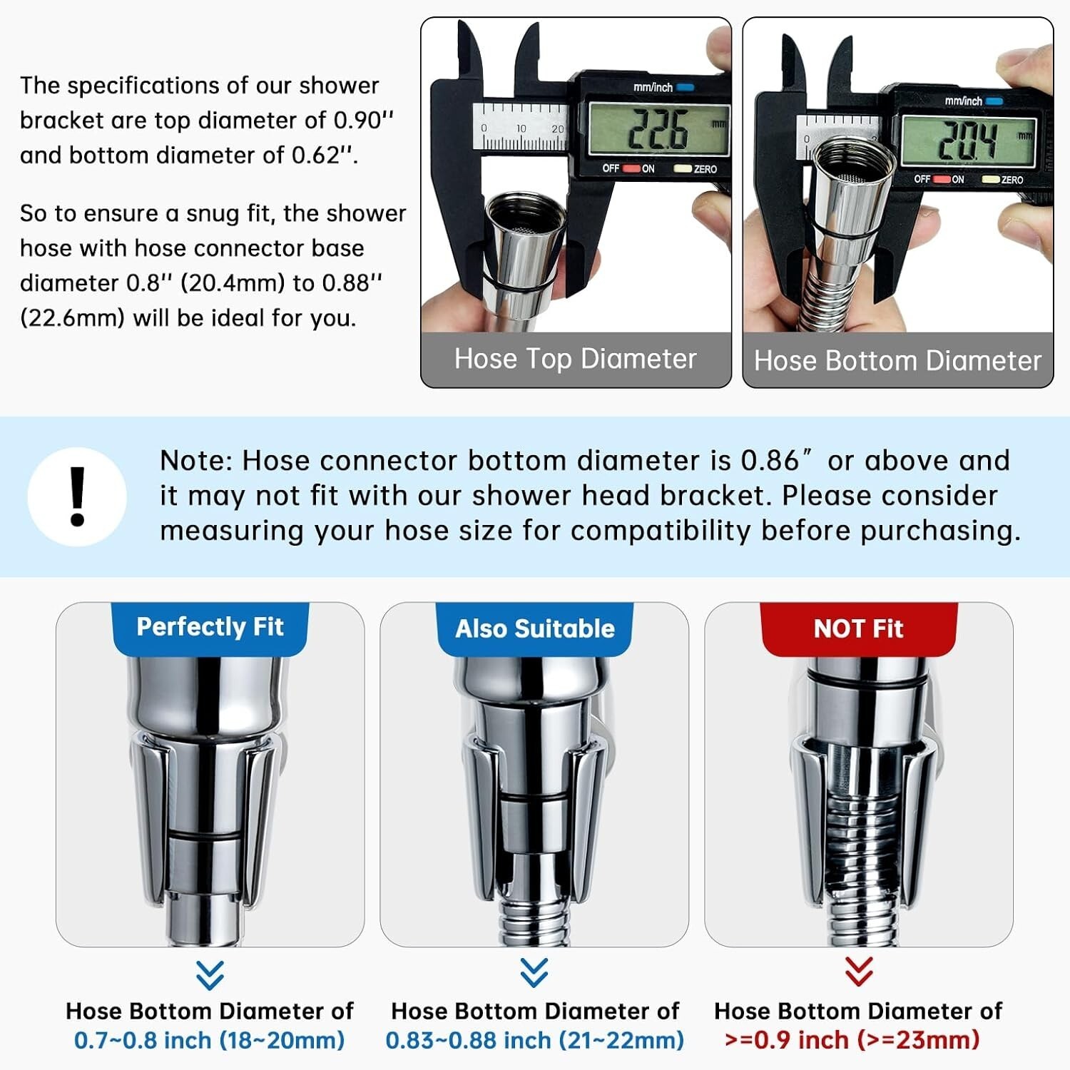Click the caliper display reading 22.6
[658, 130]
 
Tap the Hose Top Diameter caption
[576, 359]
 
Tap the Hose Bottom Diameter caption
[898, 361]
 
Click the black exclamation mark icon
[78, 496]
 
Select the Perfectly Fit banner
[210, 628]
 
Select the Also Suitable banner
[535, 628]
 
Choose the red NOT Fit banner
[859, 628]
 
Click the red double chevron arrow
[859, 972]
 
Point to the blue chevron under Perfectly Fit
[210, 975]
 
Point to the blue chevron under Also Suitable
[534, 972]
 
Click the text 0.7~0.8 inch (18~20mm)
[210, 1040]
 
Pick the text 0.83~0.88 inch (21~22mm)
[535, 1040]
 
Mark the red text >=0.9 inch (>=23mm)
[852, 1040]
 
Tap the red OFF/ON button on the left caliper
[631, 168]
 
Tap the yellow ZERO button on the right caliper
[990, 179]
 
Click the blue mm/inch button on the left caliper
[685, 87]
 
